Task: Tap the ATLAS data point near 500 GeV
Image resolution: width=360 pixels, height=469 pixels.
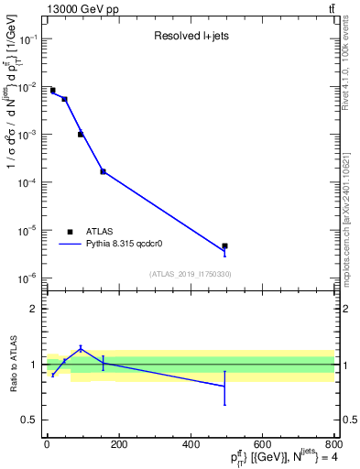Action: (224, 245)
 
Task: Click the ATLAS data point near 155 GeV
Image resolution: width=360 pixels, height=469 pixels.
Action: (103, 171)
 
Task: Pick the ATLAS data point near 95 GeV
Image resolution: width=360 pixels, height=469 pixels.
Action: (81, 134)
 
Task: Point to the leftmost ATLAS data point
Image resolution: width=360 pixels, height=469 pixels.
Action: (52, 91)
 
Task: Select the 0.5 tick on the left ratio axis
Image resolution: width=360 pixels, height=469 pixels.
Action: (31, 420)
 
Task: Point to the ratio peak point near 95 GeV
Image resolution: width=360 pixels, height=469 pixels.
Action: (81, 348)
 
